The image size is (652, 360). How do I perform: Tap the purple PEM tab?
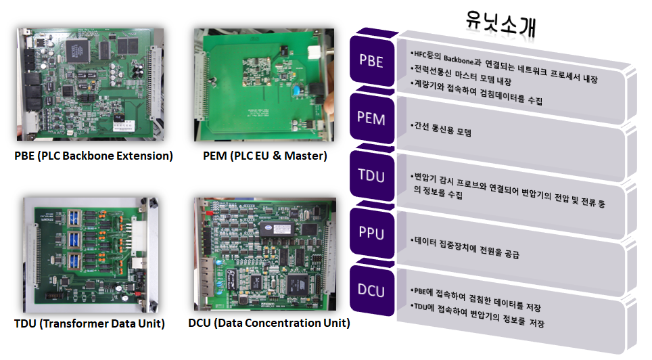coord(371,119)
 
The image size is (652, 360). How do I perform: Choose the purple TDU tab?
coord(371,177)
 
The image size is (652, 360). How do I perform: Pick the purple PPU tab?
coord(371,234)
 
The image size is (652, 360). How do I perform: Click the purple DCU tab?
coord(371,291)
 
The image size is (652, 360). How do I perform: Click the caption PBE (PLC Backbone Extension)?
coord(93,156)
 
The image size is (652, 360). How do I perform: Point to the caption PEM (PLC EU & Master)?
coord(265,156)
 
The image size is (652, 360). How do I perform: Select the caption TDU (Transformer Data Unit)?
coord(89,323)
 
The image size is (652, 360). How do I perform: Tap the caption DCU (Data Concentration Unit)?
coord(269,323)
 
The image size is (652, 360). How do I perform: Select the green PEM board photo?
coord(264,85)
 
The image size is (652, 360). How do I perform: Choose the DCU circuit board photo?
coord(264,253)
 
